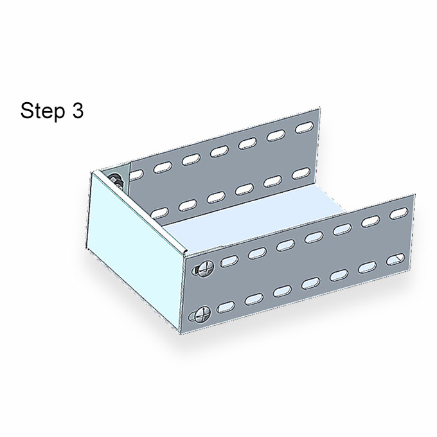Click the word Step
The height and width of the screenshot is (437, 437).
click(42, 111)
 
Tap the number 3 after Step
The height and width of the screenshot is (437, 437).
click(78, 110)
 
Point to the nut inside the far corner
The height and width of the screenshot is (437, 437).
click(115, 181)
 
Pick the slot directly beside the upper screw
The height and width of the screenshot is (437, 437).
click(229, 262)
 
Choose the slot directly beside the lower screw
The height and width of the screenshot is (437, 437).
click(226, 307)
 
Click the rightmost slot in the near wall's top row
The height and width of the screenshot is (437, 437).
click(399, 213)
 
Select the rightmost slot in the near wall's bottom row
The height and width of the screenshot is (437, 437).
click(395, 260)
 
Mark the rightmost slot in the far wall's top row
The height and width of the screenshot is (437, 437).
click(305, 127)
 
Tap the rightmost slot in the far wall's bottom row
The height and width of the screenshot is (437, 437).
click(301, 174)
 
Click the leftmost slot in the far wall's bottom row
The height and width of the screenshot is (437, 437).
click(159, 213)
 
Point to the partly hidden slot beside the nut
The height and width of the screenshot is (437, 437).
click(136, 175)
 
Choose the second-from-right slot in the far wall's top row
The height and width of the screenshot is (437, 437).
click(276, 136)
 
